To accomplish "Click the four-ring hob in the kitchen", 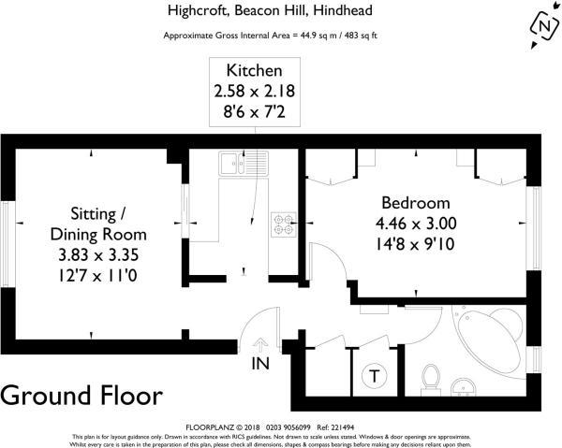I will point(284,224).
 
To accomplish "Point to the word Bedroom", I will point(415,203).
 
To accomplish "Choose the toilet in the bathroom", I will point(432,379).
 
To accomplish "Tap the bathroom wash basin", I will point(463,386).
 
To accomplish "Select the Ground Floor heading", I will point(81,395).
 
